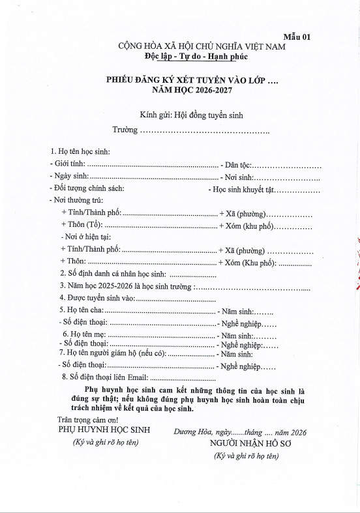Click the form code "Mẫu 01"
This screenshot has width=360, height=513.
pyautogui.click(x=297, y=37)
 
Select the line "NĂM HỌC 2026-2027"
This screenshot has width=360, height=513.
pyautogui.click(x=202, y=88)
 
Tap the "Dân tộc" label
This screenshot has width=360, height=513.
pyautogui.click(x=239, y=164)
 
